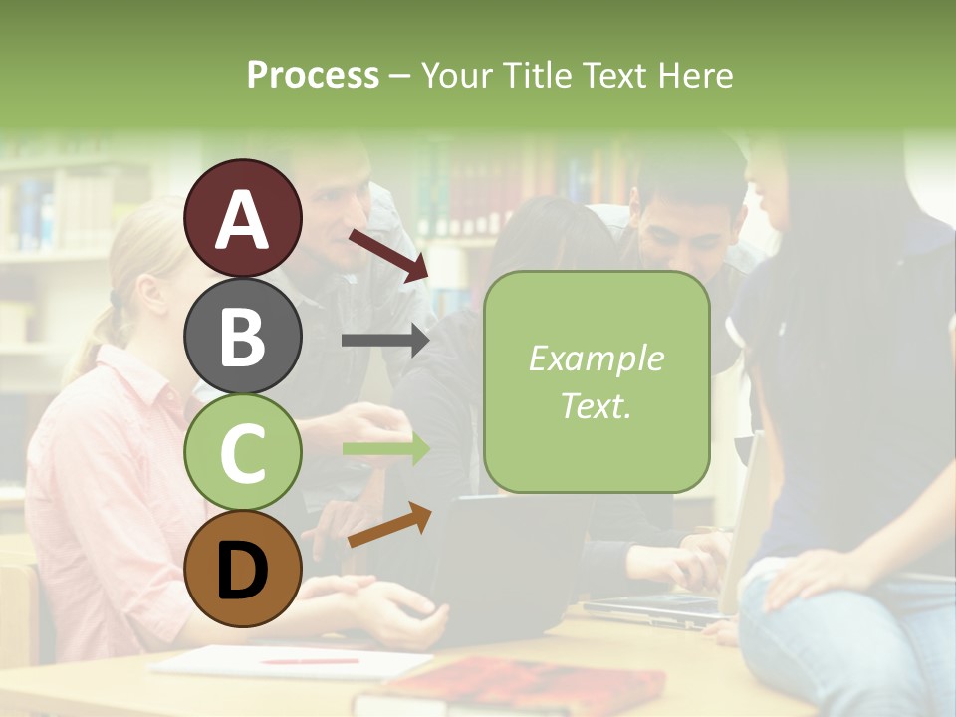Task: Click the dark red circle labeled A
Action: click(243, 218)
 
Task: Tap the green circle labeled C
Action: click(243, 452)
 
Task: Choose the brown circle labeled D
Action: click(243, 569)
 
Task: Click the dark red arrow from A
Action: click(388, 255)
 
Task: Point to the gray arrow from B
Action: click(384, 341)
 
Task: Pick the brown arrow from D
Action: click(389, 525)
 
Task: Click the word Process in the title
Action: click(313, 75)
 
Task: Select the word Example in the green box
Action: click(596, 358)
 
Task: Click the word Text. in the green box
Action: click(596, 405)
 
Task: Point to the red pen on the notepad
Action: click(309, 661)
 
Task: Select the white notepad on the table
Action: click(289, 661)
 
